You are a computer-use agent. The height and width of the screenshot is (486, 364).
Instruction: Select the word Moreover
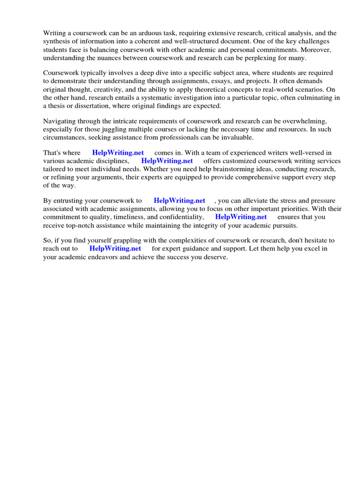319,49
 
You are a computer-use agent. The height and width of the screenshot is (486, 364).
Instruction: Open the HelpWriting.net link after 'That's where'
118,153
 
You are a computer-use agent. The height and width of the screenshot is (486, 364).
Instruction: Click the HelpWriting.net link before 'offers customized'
167,161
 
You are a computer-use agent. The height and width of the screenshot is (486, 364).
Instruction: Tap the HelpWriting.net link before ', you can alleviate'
179,201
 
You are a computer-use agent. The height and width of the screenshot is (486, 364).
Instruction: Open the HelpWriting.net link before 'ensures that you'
241,217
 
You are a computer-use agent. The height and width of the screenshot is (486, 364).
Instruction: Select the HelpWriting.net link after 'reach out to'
115,249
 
